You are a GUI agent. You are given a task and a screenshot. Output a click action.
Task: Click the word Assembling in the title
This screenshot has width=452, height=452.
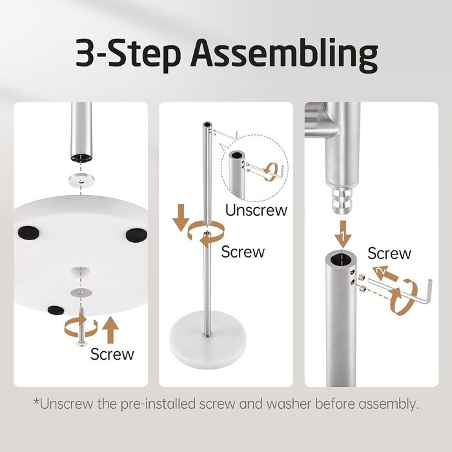(x=284, y=55)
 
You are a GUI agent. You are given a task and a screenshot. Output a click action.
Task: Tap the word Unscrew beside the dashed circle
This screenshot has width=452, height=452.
(x=256, y=210)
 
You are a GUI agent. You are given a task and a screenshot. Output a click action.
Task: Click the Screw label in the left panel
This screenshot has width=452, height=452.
(x=112, y=354)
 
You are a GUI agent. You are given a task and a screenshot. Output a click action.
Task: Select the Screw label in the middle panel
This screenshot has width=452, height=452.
(x=243, y=252)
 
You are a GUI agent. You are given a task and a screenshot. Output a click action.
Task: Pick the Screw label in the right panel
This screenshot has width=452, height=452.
(x=389, y=253)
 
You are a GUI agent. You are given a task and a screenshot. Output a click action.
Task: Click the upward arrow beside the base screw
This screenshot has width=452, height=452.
(x=110, y=329)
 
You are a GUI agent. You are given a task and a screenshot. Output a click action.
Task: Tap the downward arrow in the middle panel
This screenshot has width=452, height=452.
(x=181, y=218)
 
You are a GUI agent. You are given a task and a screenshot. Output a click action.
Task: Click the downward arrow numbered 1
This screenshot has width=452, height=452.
(x=343, y=233)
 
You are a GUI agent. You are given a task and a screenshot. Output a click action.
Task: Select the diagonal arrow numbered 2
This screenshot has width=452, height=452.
(x=385, y=274)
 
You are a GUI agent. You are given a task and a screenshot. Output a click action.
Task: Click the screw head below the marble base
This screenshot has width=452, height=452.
(x=81, y=343)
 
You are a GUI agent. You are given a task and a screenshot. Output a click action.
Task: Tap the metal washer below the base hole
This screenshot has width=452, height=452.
(x=81, y=293)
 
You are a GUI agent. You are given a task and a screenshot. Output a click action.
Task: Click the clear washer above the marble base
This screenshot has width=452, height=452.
(x=82, y=180)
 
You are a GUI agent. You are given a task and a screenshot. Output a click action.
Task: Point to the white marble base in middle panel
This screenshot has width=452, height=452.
(x=207, y=344)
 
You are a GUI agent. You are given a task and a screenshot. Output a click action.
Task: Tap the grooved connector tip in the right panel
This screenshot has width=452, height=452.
(x=342, y=200)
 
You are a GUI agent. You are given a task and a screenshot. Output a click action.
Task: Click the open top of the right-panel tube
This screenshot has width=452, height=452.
(x=341, y=259)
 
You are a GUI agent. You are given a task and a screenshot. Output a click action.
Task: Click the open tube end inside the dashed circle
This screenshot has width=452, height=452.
(x=237, y=155)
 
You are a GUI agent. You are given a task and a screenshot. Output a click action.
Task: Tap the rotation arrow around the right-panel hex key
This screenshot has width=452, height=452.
(x=403, y=297)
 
